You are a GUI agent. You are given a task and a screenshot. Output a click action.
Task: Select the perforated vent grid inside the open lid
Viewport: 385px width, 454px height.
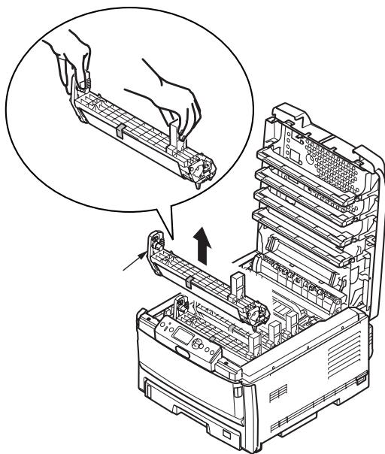[317, 162]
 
